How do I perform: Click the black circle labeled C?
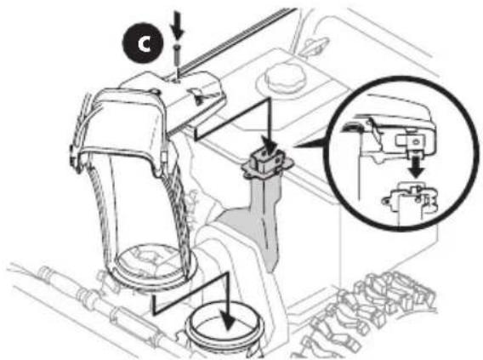pos(143,43)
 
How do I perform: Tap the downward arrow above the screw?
pos(178,26)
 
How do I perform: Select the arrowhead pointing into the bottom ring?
pos(228,320)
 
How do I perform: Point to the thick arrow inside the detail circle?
pos(416,167)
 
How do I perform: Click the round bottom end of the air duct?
pos(153,266)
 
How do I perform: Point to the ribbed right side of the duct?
pos(176,216)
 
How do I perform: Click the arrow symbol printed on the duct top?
pos(197,95)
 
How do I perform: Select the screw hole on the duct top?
pos(177,81)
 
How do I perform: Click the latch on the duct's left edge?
pos(74,154)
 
